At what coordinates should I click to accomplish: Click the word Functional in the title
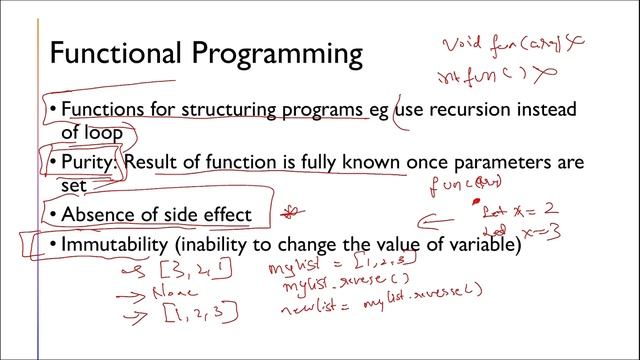116,53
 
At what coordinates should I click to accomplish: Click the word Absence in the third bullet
98,215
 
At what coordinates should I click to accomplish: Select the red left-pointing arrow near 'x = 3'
436,224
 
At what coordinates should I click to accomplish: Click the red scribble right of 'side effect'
294,212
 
